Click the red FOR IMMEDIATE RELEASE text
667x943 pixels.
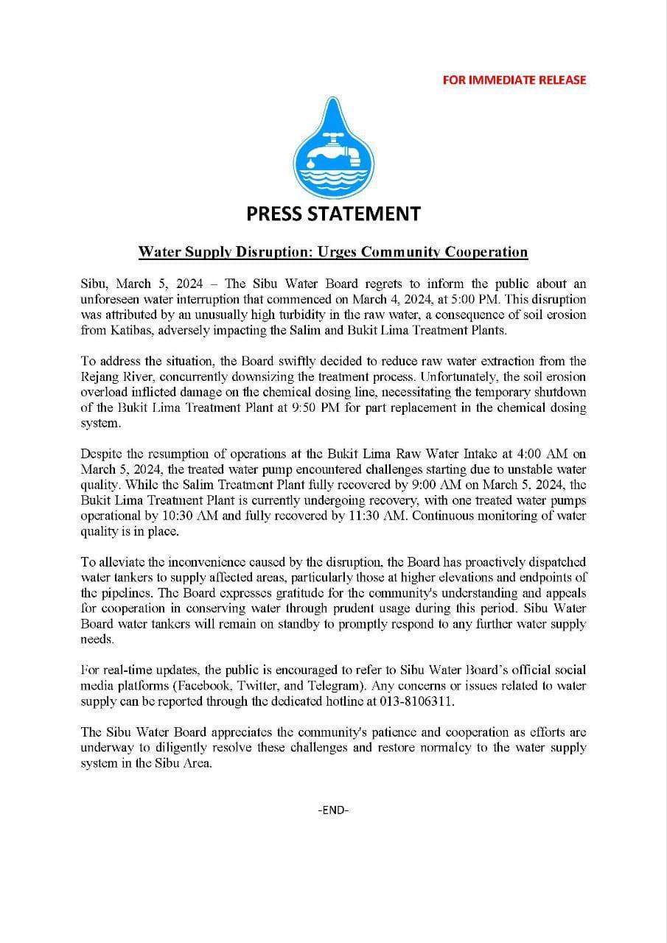point(514,80)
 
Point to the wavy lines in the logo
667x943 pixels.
point(333,177)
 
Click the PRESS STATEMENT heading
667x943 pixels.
point(333,214)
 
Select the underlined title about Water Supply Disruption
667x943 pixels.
point(333,252)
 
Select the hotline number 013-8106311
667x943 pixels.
point(416,701)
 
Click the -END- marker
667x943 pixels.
point(333,810)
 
